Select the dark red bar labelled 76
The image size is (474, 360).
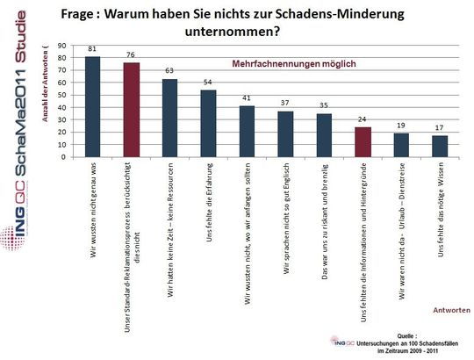pyautogui.click(x=132, y=110)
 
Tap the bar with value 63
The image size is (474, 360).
pyautogui.click(x=170, y=119)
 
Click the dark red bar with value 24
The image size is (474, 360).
pyautogui.click(x=363, y=142)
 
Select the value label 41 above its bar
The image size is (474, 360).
pyautogui.click(x=247, y=99)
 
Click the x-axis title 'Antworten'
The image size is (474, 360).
pyautogui.click(x=452, y=309)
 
